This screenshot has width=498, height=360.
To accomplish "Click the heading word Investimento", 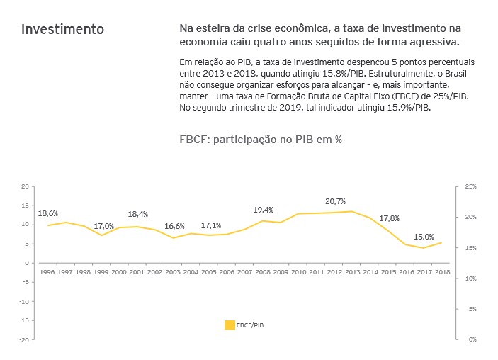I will [62, 30].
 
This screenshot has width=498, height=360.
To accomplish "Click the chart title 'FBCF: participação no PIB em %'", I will [261, 139].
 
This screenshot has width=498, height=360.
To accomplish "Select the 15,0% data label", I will [424, 237].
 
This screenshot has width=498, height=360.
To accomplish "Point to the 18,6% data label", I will [48, 213].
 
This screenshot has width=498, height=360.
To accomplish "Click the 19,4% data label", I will [264, 210].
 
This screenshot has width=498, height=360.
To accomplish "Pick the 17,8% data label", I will [390, 218].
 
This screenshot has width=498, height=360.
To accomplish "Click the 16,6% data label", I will [174, 226].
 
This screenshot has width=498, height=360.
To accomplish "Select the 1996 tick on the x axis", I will [47, 271].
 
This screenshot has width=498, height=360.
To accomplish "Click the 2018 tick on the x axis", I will [442, 271].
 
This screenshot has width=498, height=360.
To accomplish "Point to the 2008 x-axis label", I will [263, 271].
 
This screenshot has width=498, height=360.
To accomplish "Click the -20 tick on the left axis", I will [25, 339].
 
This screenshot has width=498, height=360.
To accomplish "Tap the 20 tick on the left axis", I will [26, 186].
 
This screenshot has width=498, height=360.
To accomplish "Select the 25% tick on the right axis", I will [471, 186].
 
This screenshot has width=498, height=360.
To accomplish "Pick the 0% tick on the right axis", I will [472, 339].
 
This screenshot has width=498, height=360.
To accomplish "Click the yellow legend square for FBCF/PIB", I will [230, 325].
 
